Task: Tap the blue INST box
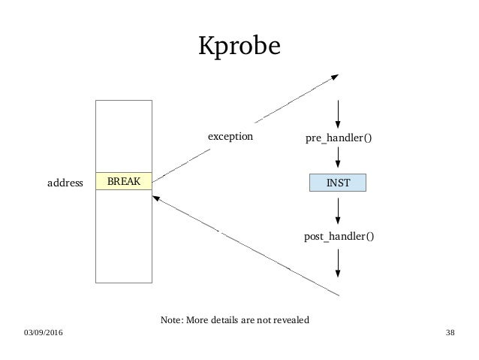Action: [339, 182]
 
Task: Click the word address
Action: [64, 183]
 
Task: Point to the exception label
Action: [230, 138]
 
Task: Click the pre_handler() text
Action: [339, 138]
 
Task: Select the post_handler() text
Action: [339, 237]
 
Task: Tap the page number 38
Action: [450, 332]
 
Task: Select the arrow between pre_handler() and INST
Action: [339, 158]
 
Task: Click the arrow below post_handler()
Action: [339, 263]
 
